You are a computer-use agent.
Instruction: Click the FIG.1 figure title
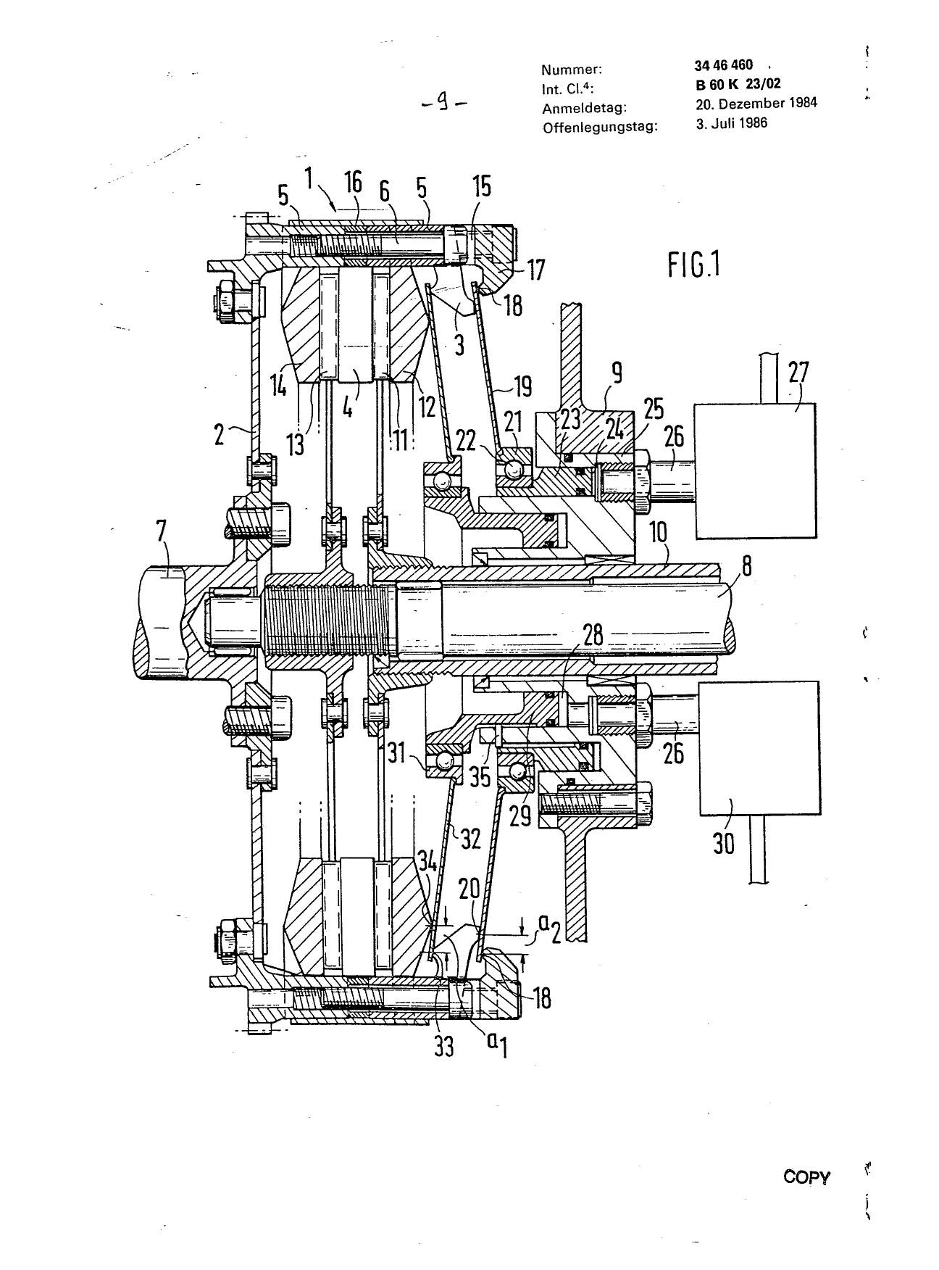click(x=694, y=265)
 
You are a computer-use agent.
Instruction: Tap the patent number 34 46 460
click(x=723, y=65)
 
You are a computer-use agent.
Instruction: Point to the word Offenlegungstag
click(x=600, y=127)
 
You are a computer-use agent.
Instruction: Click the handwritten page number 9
click(x=443, y=104)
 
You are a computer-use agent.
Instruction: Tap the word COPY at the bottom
click(x=806, y=1177)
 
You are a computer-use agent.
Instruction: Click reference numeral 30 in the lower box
click(x=724, y=842)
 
